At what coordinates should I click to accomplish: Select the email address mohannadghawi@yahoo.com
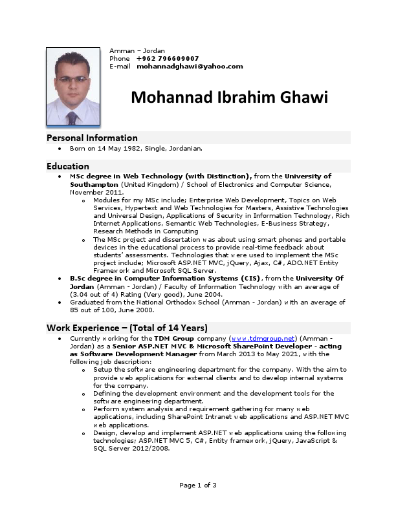(x=190, y=66)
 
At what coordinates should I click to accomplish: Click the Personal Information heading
(x=92, y=138)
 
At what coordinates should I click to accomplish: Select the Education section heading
(x=68, y=166)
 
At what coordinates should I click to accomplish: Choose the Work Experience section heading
(x=127, y=328)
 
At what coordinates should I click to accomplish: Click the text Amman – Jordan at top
(x=137, y=50)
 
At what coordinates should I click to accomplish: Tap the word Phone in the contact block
(x=120, y=58)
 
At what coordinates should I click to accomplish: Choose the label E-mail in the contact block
(x=120, y=66)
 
